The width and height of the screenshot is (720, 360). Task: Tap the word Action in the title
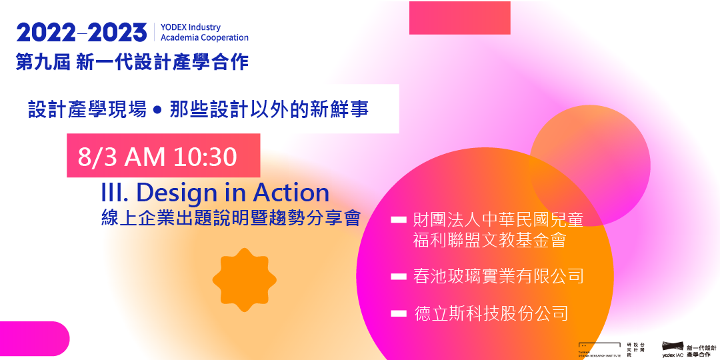pyautogui.click(x=291, y=193)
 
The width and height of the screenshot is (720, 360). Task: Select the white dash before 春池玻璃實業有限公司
pyautogui.click(x=399, y=275)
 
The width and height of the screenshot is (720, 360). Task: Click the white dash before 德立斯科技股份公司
pyautogui.click(x=399, y=312)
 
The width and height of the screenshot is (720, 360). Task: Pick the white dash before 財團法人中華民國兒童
pyautogui.click(x=399, y=219)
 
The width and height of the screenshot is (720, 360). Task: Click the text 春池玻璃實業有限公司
pyautogui.click(x=498, y=275)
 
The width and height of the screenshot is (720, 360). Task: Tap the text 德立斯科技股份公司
pyautogui.click(x=491, y=313)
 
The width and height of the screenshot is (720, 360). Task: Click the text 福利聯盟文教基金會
pyautogui.click(x=489, y=240)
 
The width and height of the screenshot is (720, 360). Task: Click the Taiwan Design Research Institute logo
pyautogui.click(x=603, y=347)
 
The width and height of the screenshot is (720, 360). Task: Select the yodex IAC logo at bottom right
pyautogui.click(x=689, y=347)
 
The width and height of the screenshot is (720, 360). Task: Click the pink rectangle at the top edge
pyautogui.click(x=459, y=17)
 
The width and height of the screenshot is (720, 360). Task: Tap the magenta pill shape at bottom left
pyautogui.click(x=33, y=338)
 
